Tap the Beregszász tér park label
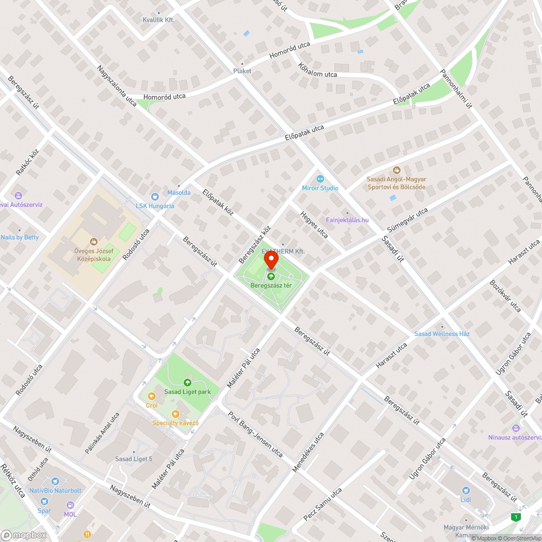coord(270,285)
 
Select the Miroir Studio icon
coord(320,178)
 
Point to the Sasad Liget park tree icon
coord(188,382)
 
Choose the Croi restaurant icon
coord(151,396)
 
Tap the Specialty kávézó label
coord(176,423)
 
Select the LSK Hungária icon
coord(154,197)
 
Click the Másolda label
coord(178,192)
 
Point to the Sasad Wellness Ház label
coord(442,334)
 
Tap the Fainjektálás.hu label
coord(347,220)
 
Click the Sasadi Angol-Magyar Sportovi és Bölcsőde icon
coord(396,170)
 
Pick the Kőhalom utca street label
coord(318,70)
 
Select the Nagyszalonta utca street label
coord(117,85)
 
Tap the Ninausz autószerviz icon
coord(514,428)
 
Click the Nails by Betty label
coord(20,237)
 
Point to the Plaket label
coord(242,71)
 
